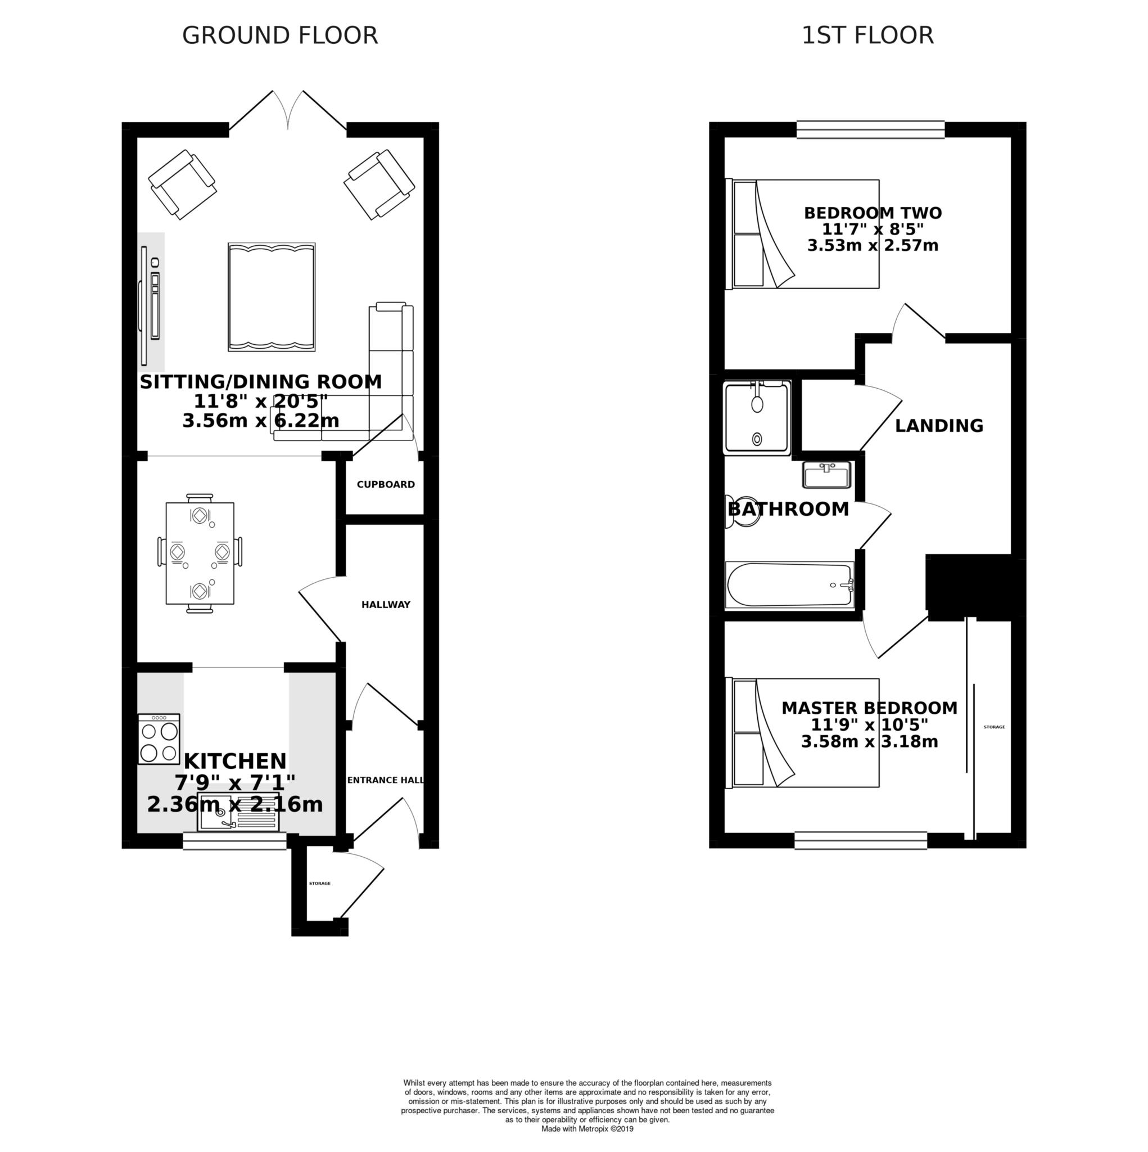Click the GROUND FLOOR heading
(279, 35)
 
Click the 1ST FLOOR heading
(867, 35)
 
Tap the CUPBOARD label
(386, 484)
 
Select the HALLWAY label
(386, 605)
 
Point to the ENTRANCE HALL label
(386, 780)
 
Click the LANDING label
(939, 425)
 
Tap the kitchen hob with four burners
(159, 739)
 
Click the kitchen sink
(238, 812)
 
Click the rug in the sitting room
(271, 297)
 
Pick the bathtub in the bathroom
(790, 585)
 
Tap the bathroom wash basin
(826, 475)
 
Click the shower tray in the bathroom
(757, 417)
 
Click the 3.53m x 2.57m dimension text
(873, 245)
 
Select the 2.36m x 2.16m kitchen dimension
(235, 804)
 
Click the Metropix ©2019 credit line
(587, 1129)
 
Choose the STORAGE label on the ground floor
(319, 883)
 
